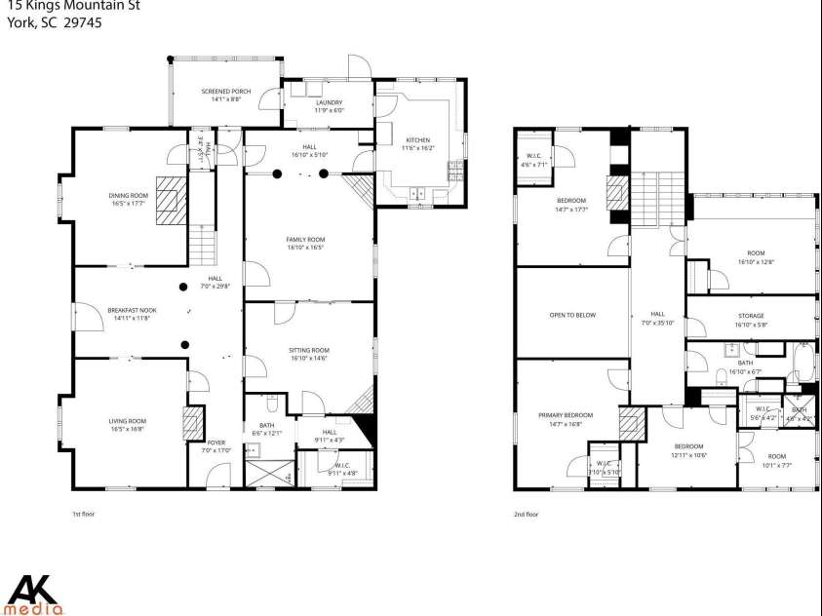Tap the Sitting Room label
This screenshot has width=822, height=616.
pyautogui.click(x=308, y=354)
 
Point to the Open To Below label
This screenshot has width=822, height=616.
pyautogui.click(x=572, y=315)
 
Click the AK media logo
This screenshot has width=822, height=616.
pyautogui.click(x=34, y=594)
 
